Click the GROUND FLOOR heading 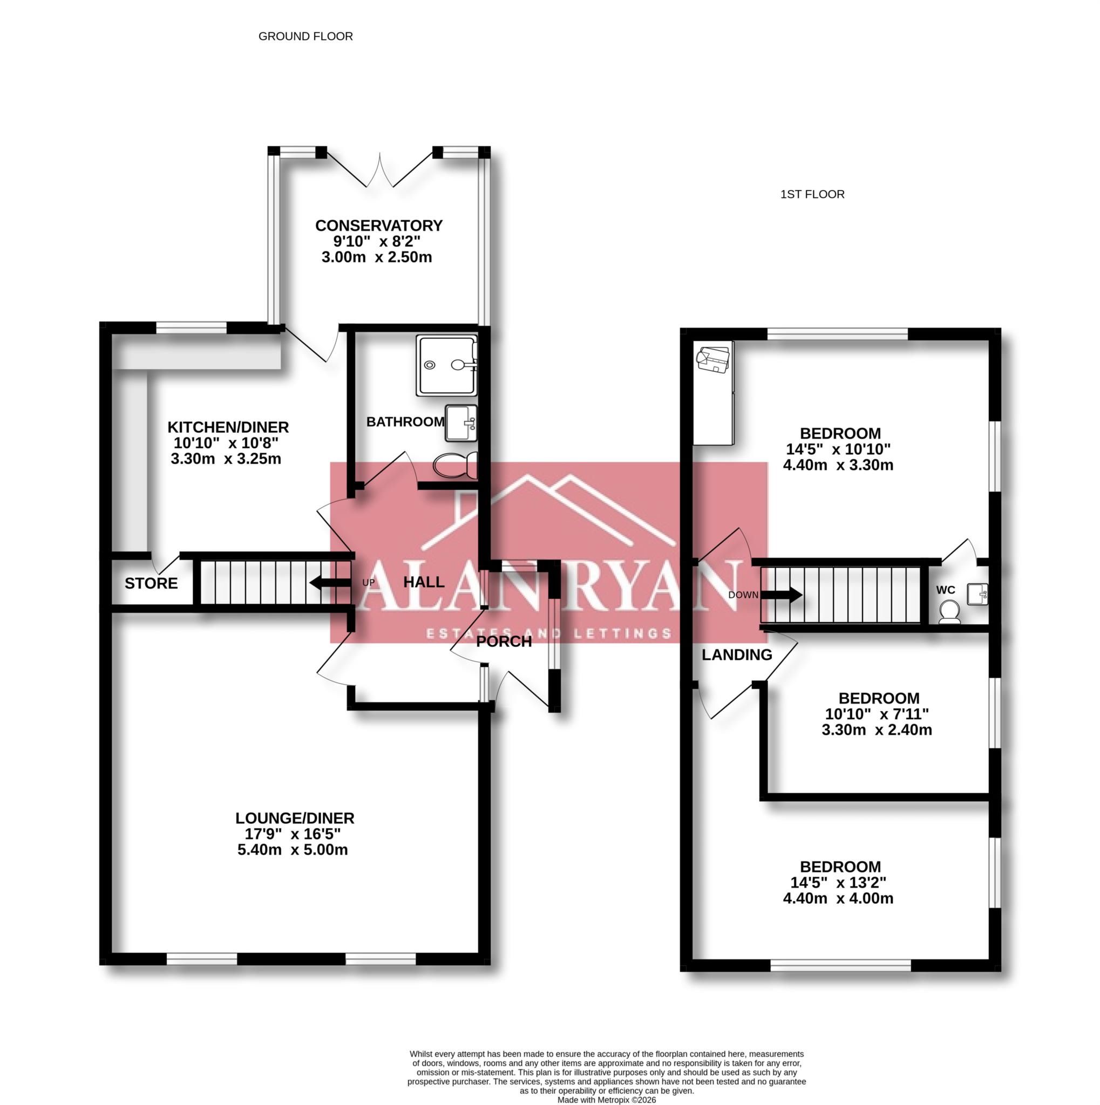click(305, 36)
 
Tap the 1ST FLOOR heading click(812, 194)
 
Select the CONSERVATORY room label click(379, 226)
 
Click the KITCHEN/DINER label click(228, 427)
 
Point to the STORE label click(151, 583)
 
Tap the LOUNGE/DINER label click(295, 818)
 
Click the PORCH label click(504, 642)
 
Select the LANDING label click(737, 655)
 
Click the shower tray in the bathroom click(446, 365)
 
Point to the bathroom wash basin click(460, 423)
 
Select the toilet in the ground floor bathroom click(456, 466)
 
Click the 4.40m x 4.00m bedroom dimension click(838, 898)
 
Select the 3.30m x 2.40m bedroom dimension click(877, 730)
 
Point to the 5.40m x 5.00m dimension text click(293, 850)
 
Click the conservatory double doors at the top click(379, 170)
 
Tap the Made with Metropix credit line click(606, 1100)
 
